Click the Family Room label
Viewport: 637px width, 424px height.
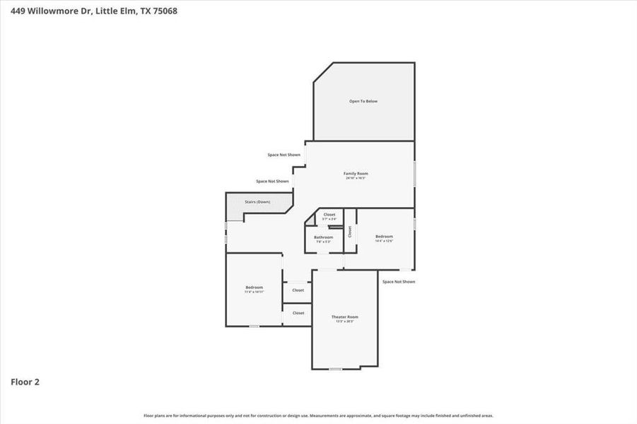pyautogui.click(x=356, y=173)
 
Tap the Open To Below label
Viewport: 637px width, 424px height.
pyautogui.click(x=363, y=101)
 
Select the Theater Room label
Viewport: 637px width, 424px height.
pyautogui.click(x=345, y=317)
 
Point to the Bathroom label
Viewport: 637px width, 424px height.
pyautogui.click(x=324, y=237)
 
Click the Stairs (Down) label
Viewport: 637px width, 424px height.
pyautogui.click(x=257, y=202)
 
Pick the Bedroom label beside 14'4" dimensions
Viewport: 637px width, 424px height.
pyautogui.click(x=384, y=236)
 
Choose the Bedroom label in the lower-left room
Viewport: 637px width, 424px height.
pyautogui.click(x=254, y=287)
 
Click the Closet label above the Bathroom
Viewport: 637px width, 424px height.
pyautogui.click(x=329, y=214)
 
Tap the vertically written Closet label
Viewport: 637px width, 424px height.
pyautogui.click(x=349, y=231)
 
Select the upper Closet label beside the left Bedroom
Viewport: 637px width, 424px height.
pyautogui.click(x=298, y=290)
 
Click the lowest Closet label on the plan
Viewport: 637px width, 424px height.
pyautogui.click(x=298, y=312)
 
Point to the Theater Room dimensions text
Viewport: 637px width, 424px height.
pyautogui.click(x=345, y=322)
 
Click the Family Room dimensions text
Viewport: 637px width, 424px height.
pyautogui.click(x=356, y=178)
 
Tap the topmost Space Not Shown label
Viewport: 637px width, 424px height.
pyautogui.click(x=284, y=155)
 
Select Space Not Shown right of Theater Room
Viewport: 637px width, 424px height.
pyautogui.click(x=399, y=281)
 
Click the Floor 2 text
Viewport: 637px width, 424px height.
pyautogui.click(x=25, y=382)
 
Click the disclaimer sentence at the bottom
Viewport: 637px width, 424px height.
pyautogui.click(x=318, y=416)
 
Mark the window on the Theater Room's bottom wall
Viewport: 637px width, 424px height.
pyautogui.click(x=335, y=369)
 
